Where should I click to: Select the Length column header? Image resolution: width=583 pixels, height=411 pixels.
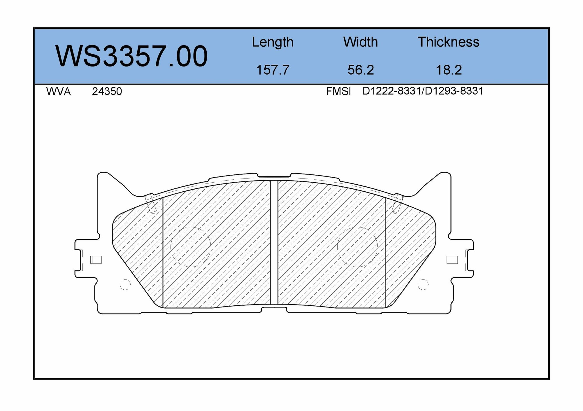click(x=273, y=42)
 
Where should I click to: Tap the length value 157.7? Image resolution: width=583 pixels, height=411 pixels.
click(x=273, y=70)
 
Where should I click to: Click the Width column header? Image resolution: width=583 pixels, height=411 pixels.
click(x=360, y=42)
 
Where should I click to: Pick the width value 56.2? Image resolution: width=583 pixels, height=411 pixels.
click(x=361, y=70)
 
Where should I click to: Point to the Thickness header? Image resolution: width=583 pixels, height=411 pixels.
click(x=448, y=42)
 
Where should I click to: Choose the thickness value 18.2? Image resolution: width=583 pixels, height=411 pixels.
click(x=449, y=70)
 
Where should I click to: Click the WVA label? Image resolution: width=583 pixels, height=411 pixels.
click(x=58, y=92)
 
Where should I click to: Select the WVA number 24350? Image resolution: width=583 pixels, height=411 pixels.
click(x=107, y=92)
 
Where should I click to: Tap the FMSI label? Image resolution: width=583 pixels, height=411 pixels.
click(x=338, y=92)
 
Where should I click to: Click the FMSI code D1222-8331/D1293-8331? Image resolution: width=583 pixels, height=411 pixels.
click(x=423, y=91)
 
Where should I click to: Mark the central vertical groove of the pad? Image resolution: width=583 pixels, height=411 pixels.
click(x=274, y=242)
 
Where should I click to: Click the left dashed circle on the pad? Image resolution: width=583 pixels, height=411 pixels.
click(x=191, y=247)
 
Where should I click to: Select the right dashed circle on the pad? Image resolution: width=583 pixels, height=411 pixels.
click(x=357, y=247)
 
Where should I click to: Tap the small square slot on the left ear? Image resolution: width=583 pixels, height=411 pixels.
click(x=96, y=260)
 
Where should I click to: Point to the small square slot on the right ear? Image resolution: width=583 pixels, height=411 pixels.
click(x=452, y=260)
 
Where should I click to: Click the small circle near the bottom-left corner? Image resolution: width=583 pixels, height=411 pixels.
click(x=125, y=284)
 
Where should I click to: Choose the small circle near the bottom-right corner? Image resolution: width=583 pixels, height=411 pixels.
click(x=423, y=284)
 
